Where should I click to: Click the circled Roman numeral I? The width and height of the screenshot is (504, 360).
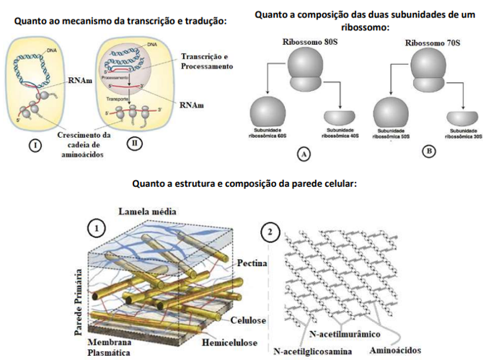pyautogui.click(x=33, y=144)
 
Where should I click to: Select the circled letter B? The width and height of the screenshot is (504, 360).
pyautogui.click(x=430, y=152)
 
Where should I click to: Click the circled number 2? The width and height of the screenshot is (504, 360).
pyautogui.click(x=270, y=232)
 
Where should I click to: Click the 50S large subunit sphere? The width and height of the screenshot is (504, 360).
pyautogui.click(x=394, y=114)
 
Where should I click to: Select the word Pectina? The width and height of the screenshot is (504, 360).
pyautogui.click(x=252, y=264)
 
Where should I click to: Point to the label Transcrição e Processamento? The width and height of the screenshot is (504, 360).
pyautogui.click(x=208, y=61)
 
